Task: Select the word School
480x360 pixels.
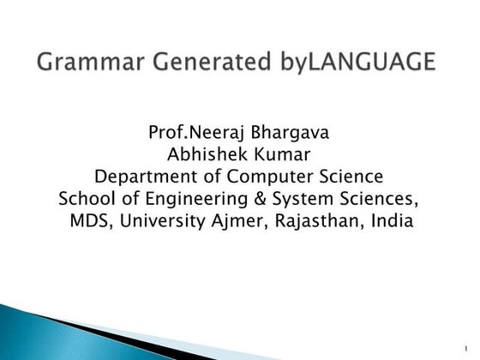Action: click(84, 200)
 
